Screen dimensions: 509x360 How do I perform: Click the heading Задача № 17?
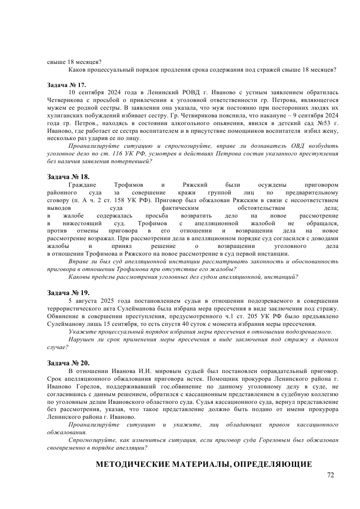click(x=66, y=85)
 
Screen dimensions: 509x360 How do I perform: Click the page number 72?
click(x=330, y=475)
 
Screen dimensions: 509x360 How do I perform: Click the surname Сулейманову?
click(x=68, y=324)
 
